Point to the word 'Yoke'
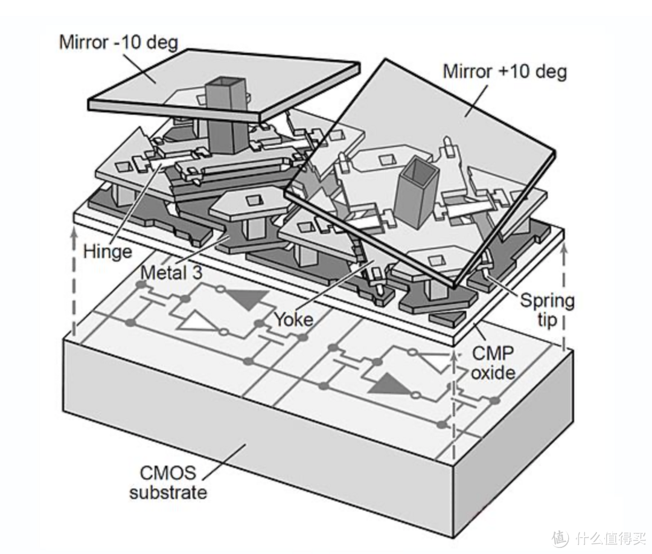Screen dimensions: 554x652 293,318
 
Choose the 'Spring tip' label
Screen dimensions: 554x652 547,309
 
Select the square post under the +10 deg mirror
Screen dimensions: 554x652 416,193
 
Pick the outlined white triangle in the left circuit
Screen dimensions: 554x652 199,322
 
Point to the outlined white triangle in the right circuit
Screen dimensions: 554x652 435,360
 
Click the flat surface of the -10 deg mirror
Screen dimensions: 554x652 181,79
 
